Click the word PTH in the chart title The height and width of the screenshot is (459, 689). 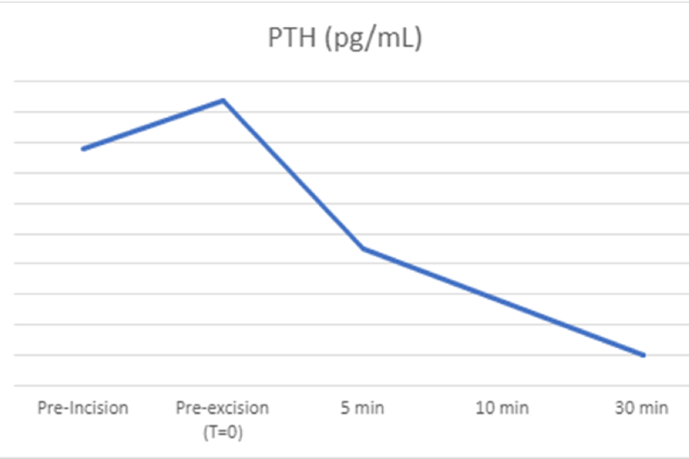pyautogui.click(x=292, y=39)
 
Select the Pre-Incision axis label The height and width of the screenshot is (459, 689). pyautogui.click(x=83, y=408)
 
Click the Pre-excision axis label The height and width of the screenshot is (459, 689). pyautogui.click(x=222, y=408)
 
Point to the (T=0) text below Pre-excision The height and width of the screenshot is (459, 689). pyautogui.click(x=222, y=432)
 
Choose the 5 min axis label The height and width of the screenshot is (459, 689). pyautogui.click(x=362, y=408)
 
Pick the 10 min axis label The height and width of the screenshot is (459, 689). pyautogui.click(x=502, y=408)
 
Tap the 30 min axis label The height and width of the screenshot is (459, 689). pyautogui.click(x=642, y=408)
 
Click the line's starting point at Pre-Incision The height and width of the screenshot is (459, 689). pyautogui.click(x=83, y=149)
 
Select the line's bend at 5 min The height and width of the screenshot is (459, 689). pyautogui.click(x=363, y=248)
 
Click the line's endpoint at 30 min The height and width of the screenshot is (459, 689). pyautogui.click(x=643, y=355)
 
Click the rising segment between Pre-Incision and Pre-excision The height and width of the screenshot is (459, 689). pyautogui.click(x=153, y=125)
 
